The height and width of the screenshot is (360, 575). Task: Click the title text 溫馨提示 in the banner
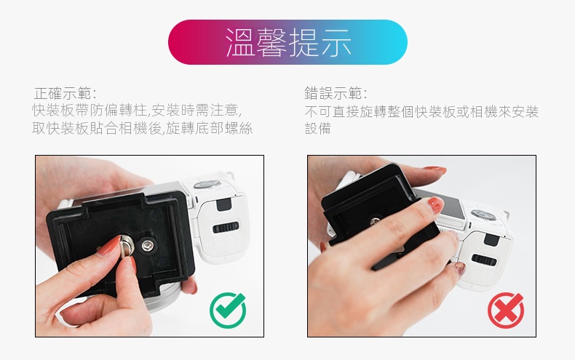(288, 42)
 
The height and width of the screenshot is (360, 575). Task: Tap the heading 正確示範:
(66, 94)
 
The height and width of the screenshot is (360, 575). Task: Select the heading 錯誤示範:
(336, 94)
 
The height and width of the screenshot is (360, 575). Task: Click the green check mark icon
(228, 310)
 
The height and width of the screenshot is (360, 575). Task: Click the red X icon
(506, 310)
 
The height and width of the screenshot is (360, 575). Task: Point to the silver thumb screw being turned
(127, 246)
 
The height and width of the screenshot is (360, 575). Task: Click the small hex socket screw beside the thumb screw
(148, 245)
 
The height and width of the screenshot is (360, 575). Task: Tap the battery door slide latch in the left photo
(226, 228)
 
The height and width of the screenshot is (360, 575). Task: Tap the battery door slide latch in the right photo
(484, 260)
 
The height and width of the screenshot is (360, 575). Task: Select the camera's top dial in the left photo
(207, 184)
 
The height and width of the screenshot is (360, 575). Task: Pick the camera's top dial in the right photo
(483, 215)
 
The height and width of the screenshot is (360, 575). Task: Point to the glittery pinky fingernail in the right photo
(459, 268)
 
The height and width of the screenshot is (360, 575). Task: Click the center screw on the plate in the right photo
(374, 221)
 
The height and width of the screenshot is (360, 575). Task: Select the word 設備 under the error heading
(318, 128)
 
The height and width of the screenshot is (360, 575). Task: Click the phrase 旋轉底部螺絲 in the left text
(209, 128)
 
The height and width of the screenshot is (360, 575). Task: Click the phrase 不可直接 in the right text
(331, 111)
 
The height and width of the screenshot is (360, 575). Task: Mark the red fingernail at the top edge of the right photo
(435, 170)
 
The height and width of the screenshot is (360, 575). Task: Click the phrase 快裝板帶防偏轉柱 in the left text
(89, 110)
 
